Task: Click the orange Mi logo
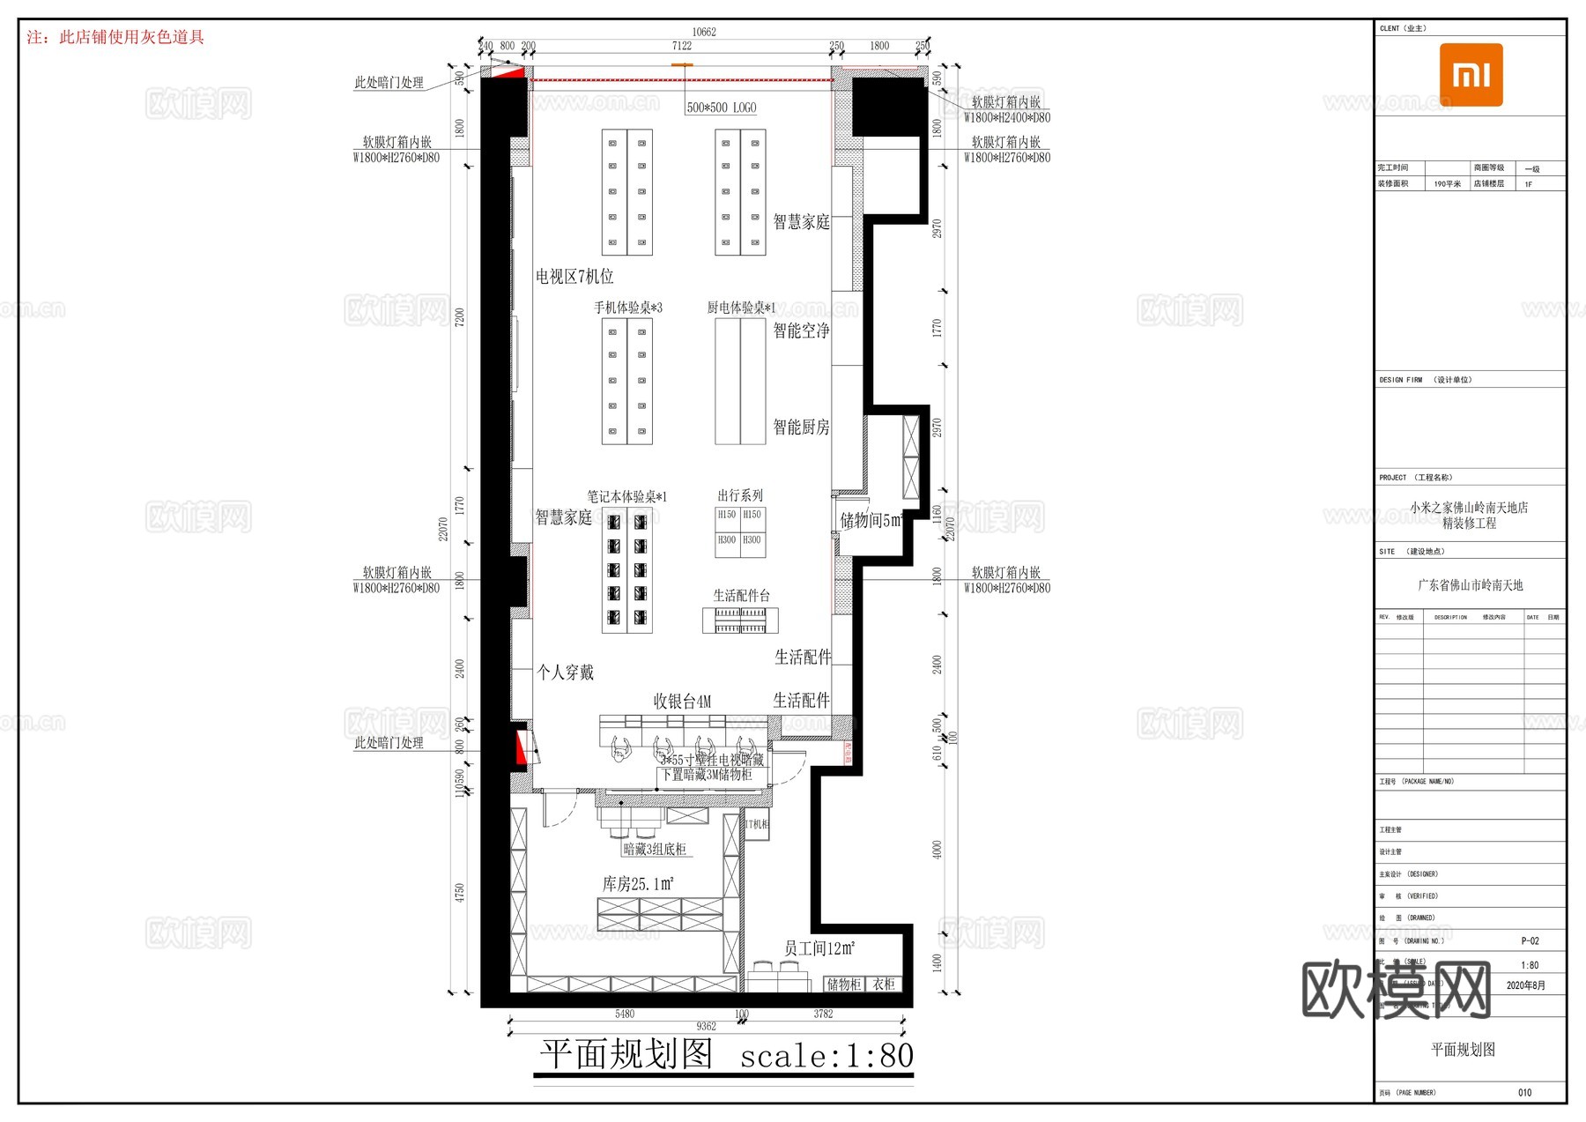point(1471,75)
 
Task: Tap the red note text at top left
point(115,37)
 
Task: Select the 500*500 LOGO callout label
point(721,108)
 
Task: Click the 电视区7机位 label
point(574,277)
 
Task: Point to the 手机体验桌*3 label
point(627,308)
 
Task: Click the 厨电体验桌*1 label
point(741,308)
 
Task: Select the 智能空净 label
point(801,331)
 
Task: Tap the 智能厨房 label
point(801,427)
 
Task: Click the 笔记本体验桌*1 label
point(626,497)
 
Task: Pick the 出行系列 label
point(740,495)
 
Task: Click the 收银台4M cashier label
point(682,702)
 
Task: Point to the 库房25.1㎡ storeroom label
point(638,884)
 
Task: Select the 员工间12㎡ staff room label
point(819,948)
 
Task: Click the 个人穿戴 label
point(566,672)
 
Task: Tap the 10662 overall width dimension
point(704,32)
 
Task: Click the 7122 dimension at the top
point(681,46)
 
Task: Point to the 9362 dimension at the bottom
point(706,1026)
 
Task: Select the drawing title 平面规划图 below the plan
point(626,1054)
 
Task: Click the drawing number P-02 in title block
point(1530,941)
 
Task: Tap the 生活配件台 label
point(741,596)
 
